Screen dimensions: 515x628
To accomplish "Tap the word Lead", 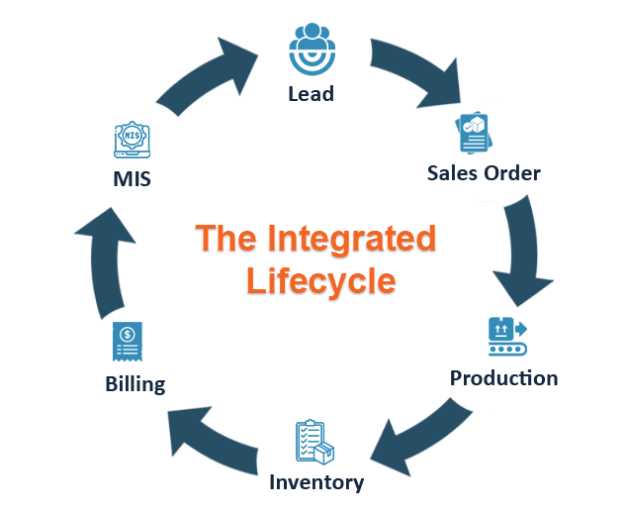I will pos(311,94).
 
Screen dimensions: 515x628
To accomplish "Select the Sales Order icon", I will pos(474,133).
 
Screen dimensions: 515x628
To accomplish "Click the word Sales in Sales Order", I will pos(451,173).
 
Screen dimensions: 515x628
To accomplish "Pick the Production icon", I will pos(507,337).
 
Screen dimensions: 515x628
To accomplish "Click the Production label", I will pos(503,378).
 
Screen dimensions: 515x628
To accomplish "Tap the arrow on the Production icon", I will pos(519,328).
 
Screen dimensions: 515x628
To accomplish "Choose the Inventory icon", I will pos(314,442).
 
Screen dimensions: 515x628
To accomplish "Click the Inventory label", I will pos(316,483).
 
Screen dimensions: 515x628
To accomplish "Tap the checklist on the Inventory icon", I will pos(307,439).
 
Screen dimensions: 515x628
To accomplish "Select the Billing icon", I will pos(128,342).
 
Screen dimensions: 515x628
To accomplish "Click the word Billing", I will pos(135,384).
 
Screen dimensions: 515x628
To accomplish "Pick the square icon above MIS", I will pos(132,140).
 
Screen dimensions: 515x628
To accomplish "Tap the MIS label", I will pos(133,179).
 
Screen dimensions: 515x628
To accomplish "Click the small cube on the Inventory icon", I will pos(325,452).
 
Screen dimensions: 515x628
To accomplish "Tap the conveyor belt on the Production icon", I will pos(506,349).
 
